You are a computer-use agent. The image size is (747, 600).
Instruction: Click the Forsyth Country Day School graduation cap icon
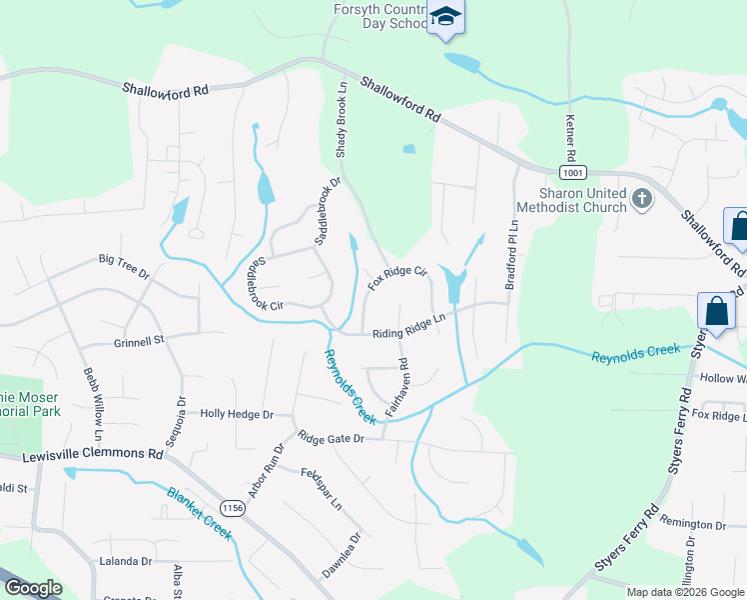click(445, 18)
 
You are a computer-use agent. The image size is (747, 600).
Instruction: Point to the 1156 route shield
click(233, 508)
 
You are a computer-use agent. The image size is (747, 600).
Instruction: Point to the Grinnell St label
click(138, 341)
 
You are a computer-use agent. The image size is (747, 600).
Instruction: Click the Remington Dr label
click(691, 524)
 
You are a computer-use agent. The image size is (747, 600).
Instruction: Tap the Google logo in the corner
click(33, 588)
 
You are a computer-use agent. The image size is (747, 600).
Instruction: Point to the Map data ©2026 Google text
click(685, 592)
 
